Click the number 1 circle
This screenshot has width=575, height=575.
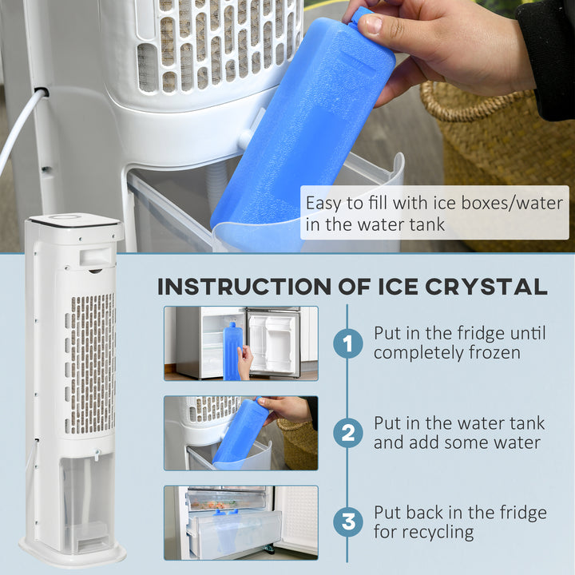coord(347,344)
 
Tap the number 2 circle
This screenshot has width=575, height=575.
coord(347,434)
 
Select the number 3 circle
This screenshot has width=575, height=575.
coord(347,523)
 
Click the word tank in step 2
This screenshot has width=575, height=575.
coord(524,423)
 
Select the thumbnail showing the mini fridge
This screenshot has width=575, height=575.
coord(240,343)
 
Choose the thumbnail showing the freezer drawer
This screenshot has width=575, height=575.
coord(240,522)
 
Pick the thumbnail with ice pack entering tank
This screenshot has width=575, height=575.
coord(240,433)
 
